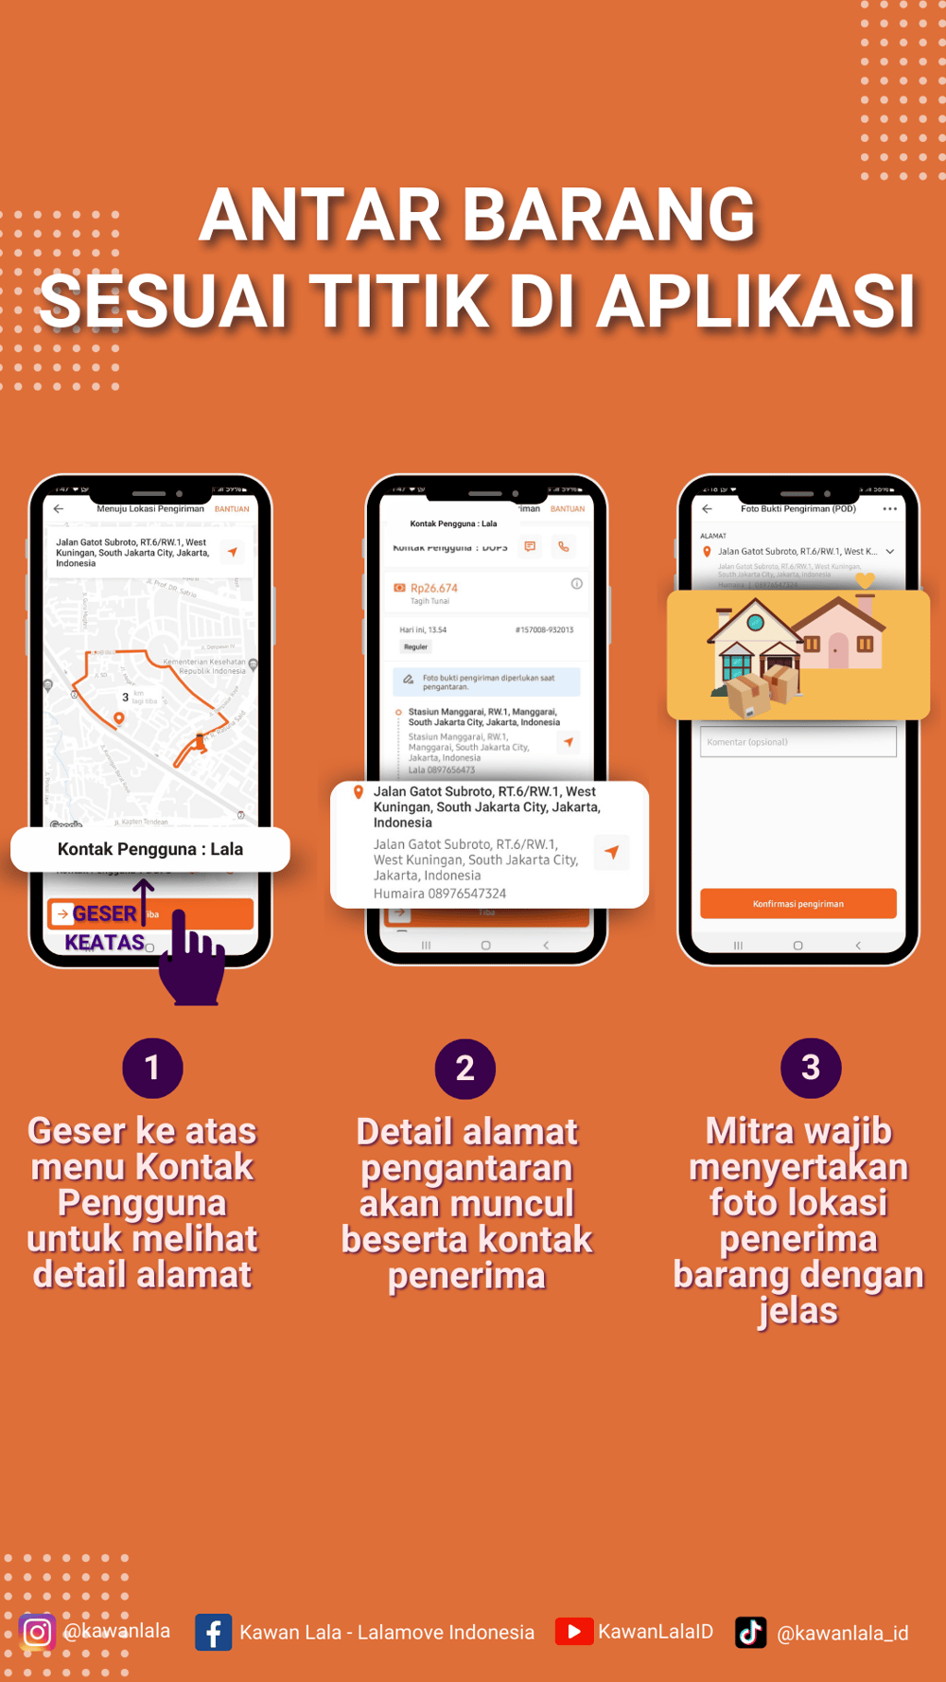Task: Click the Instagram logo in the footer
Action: (x=37, y=1632)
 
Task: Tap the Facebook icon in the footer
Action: (x=213, y=1632)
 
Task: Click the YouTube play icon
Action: (x=573, y=1631)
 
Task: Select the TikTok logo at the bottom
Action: (x=750, y=1632)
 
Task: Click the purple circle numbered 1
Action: (x=152, y=1068)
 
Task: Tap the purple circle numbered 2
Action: (x=464, y=1069)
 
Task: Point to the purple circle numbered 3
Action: (x=811, y=1068)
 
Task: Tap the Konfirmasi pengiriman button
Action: (x=797, y=903)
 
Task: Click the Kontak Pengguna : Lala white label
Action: (x=149, y=849)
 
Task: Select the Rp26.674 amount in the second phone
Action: (x=434, y=588)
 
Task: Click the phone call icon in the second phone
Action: (x=564, y=546)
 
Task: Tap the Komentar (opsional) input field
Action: (x=797, y=742)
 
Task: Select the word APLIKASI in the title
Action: (x=756, y=302)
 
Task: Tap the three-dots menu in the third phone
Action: (x=889, y=509)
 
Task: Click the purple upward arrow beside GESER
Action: (x=143, y=900)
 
